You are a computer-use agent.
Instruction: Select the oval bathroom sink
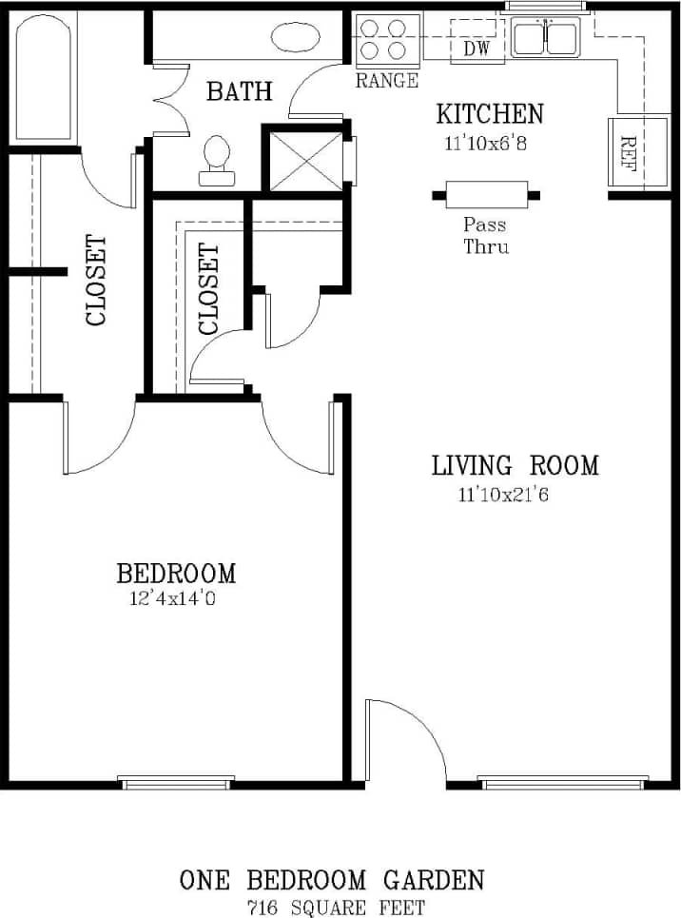tap(296, 39)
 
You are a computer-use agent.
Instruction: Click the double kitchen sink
tap(545, 38)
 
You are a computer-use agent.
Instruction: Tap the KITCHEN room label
tap(489, 114)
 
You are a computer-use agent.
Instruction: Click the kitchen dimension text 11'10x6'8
tap(489, 144)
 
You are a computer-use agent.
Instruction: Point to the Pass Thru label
tap(485, 236)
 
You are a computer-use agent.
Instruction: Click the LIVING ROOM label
tap(515, 465)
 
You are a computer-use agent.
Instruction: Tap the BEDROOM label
tap(176, 574)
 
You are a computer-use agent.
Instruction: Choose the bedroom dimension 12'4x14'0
tap(176, 599)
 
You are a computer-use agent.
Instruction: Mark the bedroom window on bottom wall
tap(176, 782)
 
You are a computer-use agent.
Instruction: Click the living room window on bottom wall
tap(564, 782)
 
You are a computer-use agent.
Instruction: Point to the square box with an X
tap(305, 158)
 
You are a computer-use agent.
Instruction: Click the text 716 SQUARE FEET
tap(335, 907)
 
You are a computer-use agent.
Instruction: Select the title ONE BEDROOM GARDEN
tap(332, 880)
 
